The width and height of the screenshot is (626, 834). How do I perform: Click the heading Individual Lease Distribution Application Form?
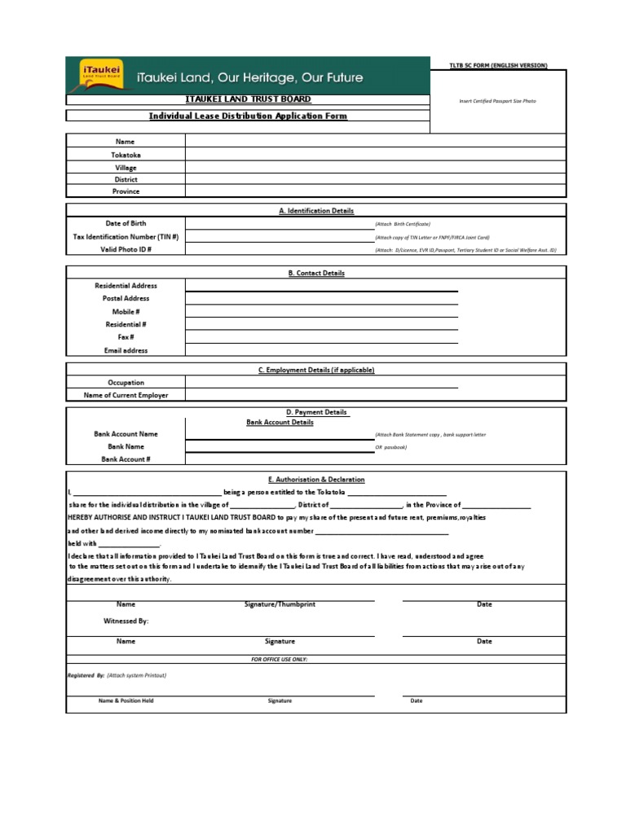pyautogui.click(x=248, y=116)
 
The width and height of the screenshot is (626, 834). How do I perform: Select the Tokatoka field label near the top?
pyautogui.click(x=126, y=154)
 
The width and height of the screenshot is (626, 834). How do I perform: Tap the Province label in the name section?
pyautogui.click(x=126, y=191)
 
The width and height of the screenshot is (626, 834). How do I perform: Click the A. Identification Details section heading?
pyautogui.click(x=316, y=210)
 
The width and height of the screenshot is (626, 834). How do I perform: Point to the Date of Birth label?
pyautogui.click(x=126, y=223)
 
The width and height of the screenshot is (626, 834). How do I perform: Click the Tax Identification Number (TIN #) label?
pyautogui.click(x=126, y=236)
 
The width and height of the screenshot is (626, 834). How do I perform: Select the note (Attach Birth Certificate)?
pyautogui.click(x=403, y=224)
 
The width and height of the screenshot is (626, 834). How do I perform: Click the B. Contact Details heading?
pyautogui.click(x=316, y=273)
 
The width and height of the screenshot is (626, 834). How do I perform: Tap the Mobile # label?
pyautogui.click(x=126, y=312)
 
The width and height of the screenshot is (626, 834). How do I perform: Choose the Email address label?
pyautogui.click(x=126, y=350)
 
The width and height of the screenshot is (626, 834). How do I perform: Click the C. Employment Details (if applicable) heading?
pyautogui.click(x=316, y=370)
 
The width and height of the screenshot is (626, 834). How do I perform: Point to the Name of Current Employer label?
pyautogui.click(x=126, y=395)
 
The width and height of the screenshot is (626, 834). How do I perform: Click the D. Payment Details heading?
pyautogui.click(x=316, y=412)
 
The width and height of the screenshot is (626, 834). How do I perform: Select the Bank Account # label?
pyautogui.click(x=126, y=459)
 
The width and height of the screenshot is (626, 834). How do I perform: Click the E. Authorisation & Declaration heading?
pyautogui.click(x=316, y=480)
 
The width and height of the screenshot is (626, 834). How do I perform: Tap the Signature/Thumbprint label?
pyautogui.click(x=280, y=604)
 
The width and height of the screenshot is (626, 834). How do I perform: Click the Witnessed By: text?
pyautogui.click(x=126, y=621)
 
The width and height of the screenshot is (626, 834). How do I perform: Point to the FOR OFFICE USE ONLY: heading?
pyautogui.click(x=280, y=658)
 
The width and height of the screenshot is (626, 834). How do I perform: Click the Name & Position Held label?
pyautogui.click(x=126, y=700)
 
